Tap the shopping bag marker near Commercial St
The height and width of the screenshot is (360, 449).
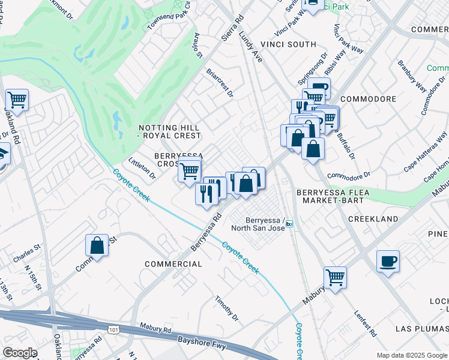[97, 245]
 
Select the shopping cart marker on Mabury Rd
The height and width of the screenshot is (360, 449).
[335, 277]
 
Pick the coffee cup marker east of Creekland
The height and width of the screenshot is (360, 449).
[388, 261]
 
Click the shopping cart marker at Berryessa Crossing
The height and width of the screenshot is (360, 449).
[190, 171]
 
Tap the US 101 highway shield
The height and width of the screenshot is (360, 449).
[114, 329]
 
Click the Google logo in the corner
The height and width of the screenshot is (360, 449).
[19, 353]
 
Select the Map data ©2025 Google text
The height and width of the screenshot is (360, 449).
[412, 355]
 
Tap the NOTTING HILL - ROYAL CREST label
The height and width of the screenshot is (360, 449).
[169, 131]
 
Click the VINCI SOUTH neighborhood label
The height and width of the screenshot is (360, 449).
[288, 44]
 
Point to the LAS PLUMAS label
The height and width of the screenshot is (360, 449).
[421, 329]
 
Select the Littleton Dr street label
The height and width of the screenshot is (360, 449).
[142, 169]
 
